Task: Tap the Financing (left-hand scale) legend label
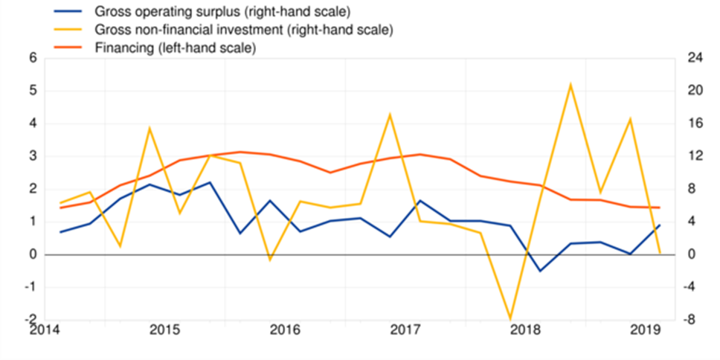coord(176,48)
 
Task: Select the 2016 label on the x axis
coord(285,330)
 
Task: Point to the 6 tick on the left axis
coord(33,59)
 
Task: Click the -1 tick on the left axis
coord(30,287)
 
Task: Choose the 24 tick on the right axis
coord(695,59)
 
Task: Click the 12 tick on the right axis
coord(695,156)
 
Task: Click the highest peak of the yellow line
coord(570,85)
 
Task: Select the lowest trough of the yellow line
coord(510,319)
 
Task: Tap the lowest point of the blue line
coord(540,271)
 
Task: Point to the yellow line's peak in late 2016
coord(390,114)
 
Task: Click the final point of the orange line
coord(660,208)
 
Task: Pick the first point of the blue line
coord(61,232)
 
